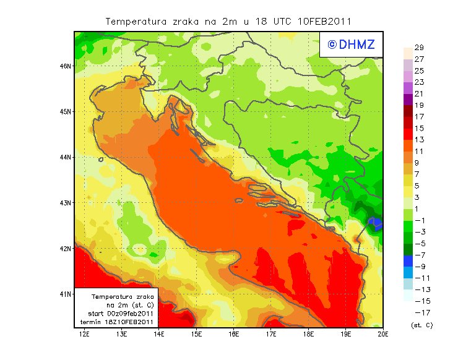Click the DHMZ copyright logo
coord(351,45)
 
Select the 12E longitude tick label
coord(84,334)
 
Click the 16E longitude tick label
coord(233,334)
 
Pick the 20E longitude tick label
coord(383,334)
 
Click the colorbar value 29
coord(419,48)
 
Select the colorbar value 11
coord(419,151)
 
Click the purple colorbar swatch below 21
coord(408,100)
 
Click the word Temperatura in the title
coord(136,21)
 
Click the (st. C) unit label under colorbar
coord(421,325)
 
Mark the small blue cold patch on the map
coord(374,223)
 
